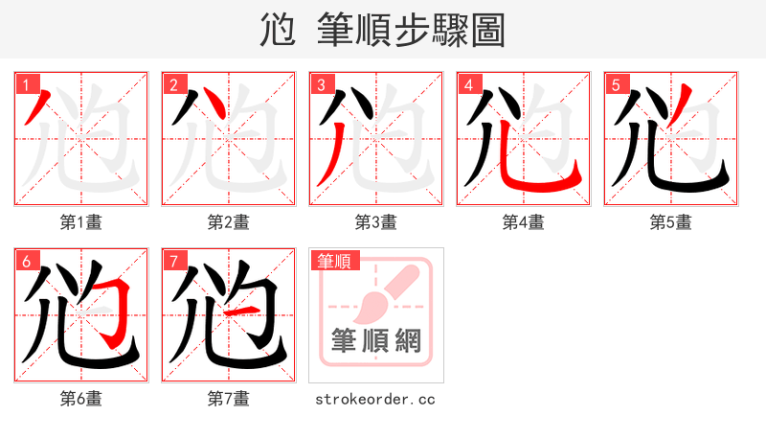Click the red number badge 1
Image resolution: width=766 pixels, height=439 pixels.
[25, 83]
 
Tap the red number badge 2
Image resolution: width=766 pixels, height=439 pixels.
[172, 83]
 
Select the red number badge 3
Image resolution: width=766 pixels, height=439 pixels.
[320, 83]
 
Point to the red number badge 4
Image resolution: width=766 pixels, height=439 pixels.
[467, 83]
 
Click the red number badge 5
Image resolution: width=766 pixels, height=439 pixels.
[615, 83]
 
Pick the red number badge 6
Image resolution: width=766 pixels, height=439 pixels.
[25, 260]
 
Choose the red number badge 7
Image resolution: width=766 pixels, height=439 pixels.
[172, 260]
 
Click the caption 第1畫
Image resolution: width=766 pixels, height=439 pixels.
[80, 222]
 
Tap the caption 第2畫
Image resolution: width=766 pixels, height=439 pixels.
[228, 222]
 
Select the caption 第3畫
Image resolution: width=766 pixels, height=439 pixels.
[375, 222]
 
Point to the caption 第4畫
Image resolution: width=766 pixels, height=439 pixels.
[523, 222]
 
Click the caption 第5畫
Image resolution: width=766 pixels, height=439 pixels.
[670, 222]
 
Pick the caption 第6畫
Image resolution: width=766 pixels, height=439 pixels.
[80, 399]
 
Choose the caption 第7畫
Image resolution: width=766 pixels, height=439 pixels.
[228, 399]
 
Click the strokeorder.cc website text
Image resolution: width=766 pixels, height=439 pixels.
[375, 399]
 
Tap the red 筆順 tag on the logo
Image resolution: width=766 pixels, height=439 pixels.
[333, 260]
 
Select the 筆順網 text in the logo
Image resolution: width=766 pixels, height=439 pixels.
[376, 340]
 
